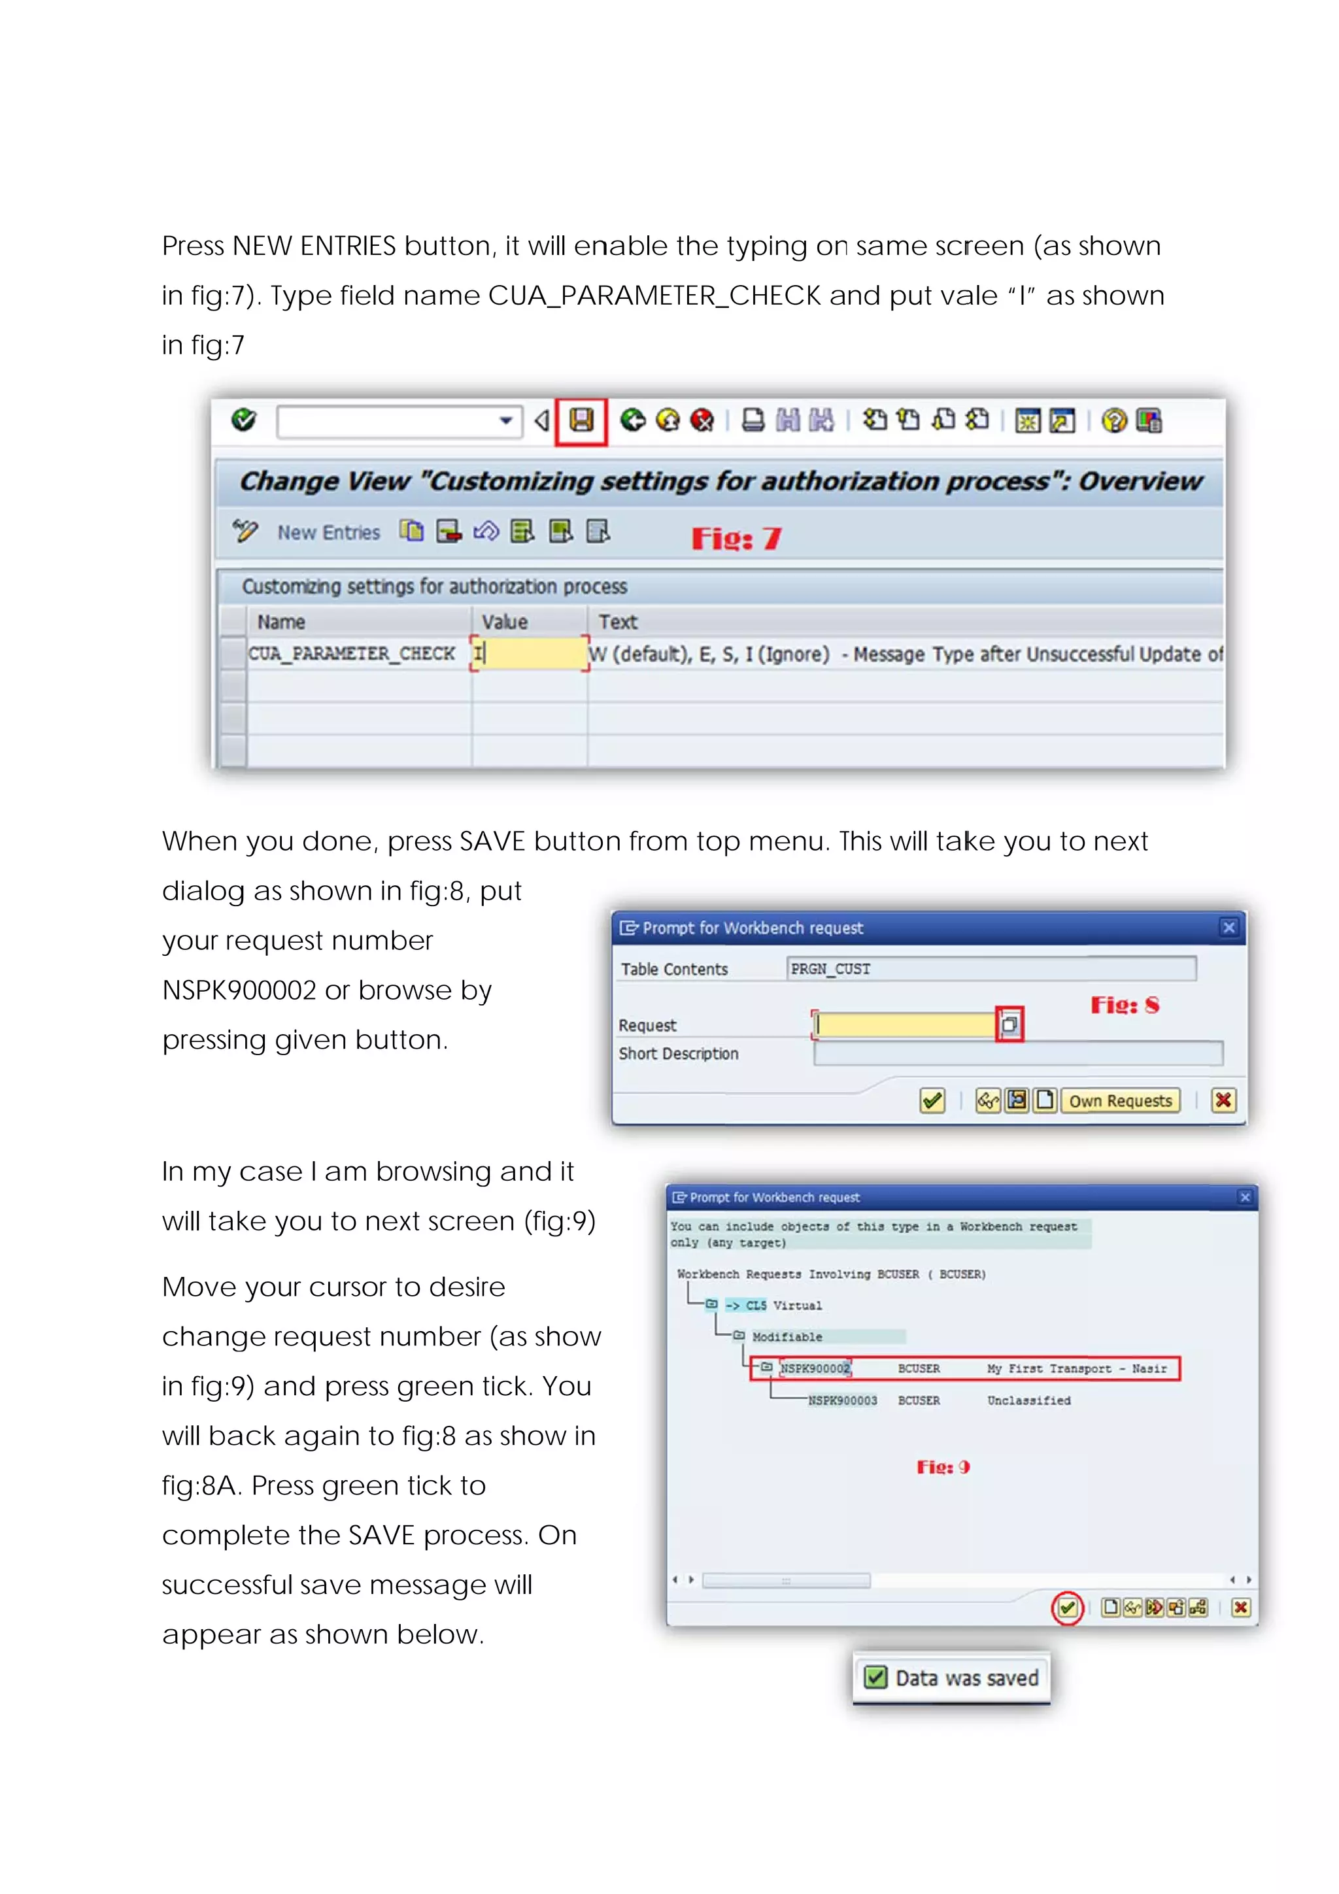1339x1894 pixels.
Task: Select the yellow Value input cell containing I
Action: [530, 653]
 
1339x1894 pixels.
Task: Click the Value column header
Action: [505, 621]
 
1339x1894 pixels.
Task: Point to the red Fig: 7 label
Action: [736, 538]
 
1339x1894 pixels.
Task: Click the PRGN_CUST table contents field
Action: [990, 968]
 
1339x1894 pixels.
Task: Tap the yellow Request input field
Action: [904, 1024]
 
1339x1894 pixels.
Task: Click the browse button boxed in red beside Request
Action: [1009, 1024]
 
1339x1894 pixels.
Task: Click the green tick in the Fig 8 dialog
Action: [932, 1100]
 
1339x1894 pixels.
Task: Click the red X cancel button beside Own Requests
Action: [1223, 1100]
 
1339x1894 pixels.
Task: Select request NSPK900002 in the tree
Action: [815, 1368]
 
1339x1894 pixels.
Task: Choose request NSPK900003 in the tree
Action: [842, 1400]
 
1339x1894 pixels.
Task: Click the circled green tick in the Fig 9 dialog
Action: [1067, 1607]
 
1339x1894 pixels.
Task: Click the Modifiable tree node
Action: [787, 1337]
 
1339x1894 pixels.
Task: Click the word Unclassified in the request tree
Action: [1029, 1400]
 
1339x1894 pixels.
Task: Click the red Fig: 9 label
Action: [943, 1466]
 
